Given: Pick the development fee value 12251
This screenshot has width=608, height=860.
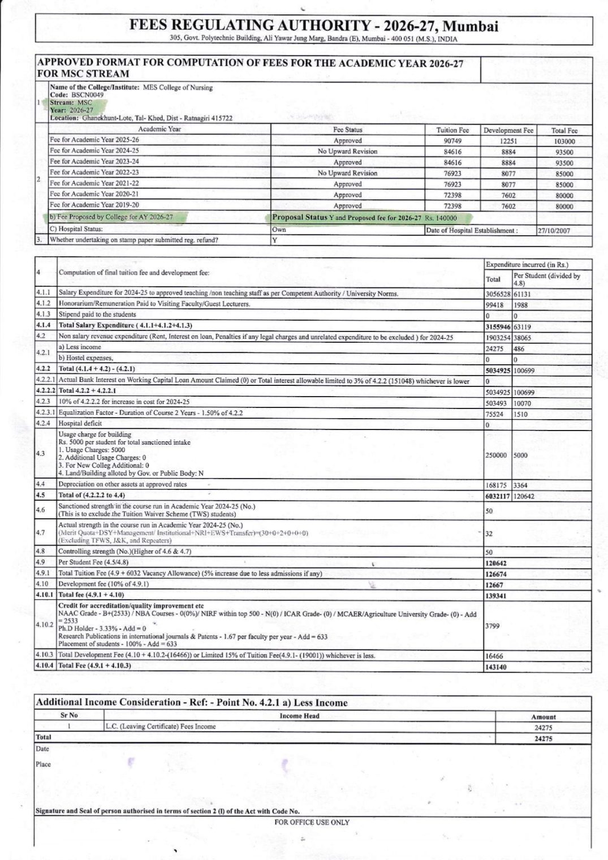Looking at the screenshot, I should pyautogui.click(x=508, y=141).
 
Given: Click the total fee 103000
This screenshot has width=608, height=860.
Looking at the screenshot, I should pyautogui.click(x=564, y=141).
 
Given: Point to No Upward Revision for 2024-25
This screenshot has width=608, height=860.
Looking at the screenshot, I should pyautogui.click(x=347, y=152).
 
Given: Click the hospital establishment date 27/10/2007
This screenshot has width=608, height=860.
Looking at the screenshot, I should pyautogui.click(x=554, y=231).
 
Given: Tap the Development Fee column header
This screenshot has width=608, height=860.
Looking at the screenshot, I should pyautogui.click(x=508, y=130).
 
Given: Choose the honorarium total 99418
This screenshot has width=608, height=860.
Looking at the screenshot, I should pyautogui.click(x=495, y=304).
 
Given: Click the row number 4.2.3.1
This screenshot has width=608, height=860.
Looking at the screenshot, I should pyautogui.click(x=45, y=413).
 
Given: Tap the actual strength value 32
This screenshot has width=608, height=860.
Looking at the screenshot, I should pyautogui.click(x=490, y=533).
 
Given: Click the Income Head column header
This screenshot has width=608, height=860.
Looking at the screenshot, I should pyautogui.click(x=299, y=716).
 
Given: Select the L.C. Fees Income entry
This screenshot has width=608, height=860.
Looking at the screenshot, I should pyautogui.click(x=161, y=726).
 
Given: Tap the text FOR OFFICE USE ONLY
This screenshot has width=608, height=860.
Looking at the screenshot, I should pyautogui.click(x=312, y=822).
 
